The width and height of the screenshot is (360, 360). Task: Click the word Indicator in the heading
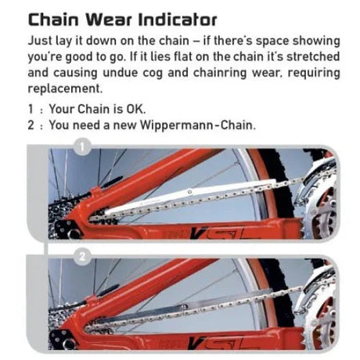[x=178, y=20]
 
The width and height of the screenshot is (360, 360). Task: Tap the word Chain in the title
[x=53, y=20]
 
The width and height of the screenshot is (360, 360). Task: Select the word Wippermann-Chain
[x=198, y=125]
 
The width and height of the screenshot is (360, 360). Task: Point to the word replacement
[x=65, y=89]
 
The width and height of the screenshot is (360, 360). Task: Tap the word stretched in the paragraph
[x=313, y=56]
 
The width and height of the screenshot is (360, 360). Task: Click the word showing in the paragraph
[x=316, y=41]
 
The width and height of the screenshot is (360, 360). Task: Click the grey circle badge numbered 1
[x=82, y=147]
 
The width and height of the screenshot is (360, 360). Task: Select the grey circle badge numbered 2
[x=82, y=257]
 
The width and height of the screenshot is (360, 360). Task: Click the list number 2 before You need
[x=31, y=125]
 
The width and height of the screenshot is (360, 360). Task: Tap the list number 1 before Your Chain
[x=31, y=109]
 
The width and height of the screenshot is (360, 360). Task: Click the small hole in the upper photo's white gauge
[x=190, y=192]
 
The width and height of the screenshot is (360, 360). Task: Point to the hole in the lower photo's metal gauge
[x=185, y=306]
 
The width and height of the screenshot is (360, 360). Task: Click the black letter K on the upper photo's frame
[x=197, y=233]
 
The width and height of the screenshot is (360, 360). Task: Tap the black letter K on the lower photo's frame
[x=196, y=342]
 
